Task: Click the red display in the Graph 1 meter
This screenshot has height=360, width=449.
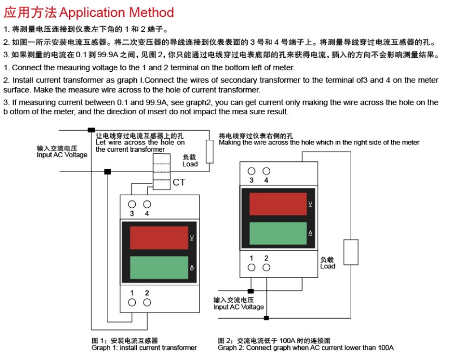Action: (x=158, y=238)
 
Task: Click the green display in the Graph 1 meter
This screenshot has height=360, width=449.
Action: (x=158, y=268)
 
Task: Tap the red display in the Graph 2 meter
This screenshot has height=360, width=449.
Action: (x=278, y=204)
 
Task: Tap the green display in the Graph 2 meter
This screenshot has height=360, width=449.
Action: (x=278, y=233)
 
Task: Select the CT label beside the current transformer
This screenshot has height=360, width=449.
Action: (x=179, y=182)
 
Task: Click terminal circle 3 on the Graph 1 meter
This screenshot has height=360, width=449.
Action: (x=132, y=204)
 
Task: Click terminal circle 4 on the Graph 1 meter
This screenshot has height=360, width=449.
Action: (x=147, y=204)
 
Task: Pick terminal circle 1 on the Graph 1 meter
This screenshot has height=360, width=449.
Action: (x=132, y=302)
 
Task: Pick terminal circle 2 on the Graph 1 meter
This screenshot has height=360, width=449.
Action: (x=147, y=302)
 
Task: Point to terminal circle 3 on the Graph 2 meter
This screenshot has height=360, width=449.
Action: (x=251, y=170)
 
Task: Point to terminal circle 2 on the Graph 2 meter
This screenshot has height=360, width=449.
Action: (x=266, y=267)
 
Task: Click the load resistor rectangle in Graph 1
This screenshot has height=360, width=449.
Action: (x=209, y=151)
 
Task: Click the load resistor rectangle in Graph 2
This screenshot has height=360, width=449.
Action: (x=351, y=252)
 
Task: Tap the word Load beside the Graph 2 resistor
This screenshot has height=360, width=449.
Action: (x=328, y=266)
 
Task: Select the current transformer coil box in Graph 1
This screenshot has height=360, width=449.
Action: (x=162, y=172)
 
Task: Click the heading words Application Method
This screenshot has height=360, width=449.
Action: (x=116, y=12)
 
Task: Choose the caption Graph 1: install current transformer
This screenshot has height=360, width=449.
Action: (x=144, y=348)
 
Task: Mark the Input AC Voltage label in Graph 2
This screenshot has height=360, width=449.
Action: (x=239, y=307)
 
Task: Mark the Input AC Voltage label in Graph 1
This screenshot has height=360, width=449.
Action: (x=62, y=155)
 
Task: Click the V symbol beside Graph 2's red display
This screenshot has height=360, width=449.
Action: (x=310, y=203)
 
